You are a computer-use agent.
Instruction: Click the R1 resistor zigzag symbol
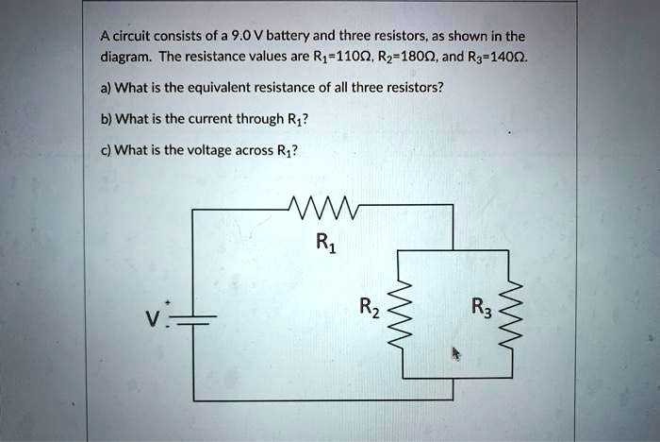pyautogui.click(x=323, y=206)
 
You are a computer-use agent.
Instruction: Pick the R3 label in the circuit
pyautogui.click(x=480, y=307)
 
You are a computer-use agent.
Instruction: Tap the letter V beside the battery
pyautogui.click(x=150, y=316)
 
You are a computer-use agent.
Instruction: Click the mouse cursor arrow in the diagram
pyautogui.click(x=455, y=353)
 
